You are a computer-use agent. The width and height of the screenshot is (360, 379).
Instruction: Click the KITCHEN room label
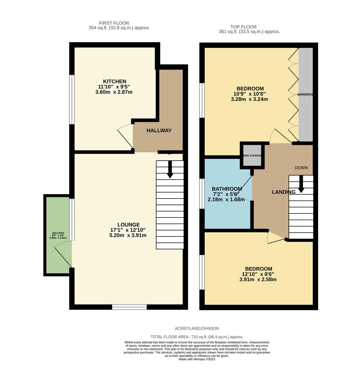[114, 81]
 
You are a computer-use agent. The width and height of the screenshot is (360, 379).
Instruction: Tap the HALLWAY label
[159, 131]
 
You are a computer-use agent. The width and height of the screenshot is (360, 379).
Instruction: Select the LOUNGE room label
[128, 225]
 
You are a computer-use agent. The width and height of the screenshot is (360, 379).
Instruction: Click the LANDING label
[284, 192]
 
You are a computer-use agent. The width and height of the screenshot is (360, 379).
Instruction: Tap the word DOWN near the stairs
[301, 168]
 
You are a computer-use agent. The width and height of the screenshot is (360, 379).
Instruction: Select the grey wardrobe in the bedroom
[305, 95]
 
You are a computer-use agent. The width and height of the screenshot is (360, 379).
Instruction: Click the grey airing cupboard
[252, 155]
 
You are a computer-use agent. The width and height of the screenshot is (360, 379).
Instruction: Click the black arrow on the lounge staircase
[170, 170]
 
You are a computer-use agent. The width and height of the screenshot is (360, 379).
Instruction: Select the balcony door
[63, 254]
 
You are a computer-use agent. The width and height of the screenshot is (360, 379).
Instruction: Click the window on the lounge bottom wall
[129, 307]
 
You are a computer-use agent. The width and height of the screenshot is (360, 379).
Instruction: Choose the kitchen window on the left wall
[72, 100]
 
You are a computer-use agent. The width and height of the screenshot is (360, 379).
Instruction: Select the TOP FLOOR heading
[243, 27]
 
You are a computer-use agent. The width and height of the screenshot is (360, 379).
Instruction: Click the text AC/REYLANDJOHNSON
[197, 328]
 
